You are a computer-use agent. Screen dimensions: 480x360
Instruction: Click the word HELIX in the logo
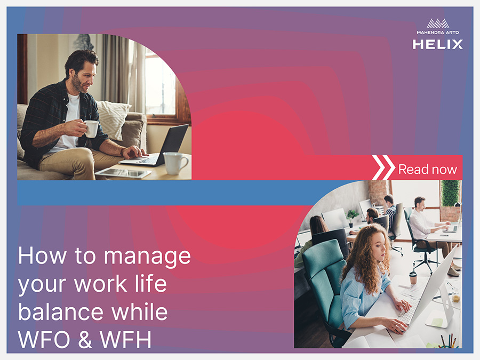(437, 44)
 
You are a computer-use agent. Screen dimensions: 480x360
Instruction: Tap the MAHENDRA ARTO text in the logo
(437, 32)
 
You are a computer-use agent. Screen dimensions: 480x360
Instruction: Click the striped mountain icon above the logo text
(438, 23)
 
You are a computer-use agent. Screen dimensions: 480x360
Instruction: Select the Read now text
(427, 169)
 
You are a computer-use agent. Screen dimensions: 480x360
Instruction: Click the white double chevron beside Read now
(383, 167)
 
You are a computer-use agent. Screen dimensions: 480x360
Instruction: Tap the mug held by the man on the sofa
(91, 129)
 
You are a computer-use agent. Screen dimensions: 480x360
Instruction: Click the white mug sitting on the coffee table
(175, 163)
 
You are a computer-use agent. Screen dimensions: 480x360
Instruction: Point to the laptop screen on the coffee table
(173, 143)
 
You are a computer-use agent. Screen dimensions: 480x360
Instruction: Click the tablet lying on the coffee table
(123, 173)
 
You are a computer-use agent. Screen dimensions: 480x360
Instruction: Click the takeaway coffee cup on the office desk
(413, 278)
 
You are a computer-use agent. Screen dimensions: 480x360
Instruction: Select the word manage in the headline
(147, 256)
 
